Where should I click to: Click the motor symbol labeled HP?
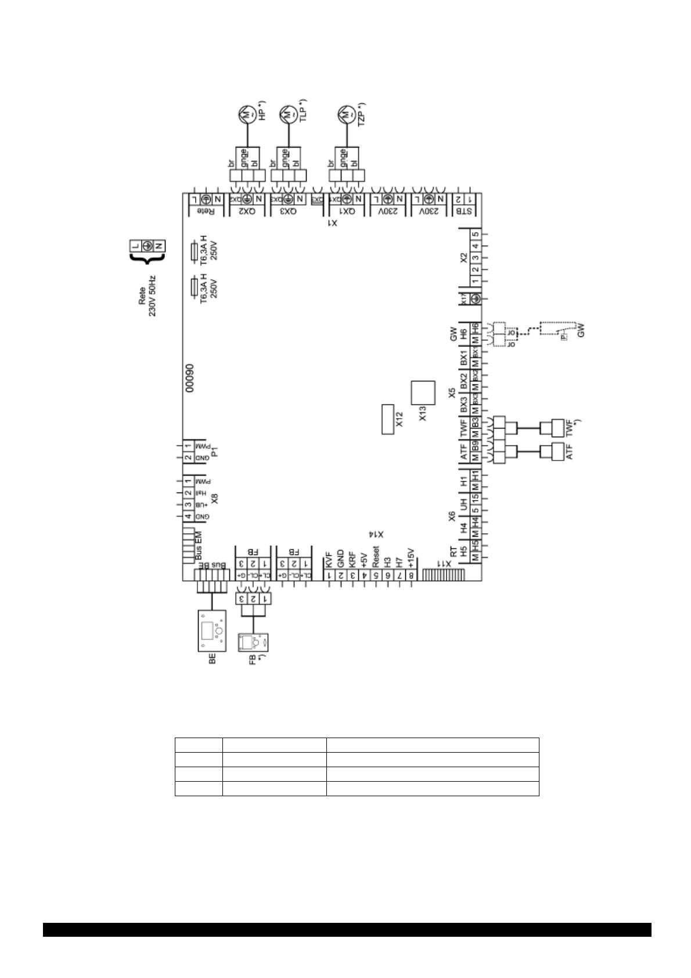pos(245,115)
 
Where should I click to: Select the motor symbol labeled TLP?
pos(287,115)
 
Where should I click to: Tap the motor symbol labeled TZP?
pos(347,115)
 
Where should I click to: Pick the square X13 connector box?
pos(422,392)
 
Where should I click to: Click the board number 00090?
pos(189,380)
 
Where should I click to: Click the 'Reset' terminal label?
pos(376,557)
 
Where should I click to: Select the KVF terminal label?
pos(329,559)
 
